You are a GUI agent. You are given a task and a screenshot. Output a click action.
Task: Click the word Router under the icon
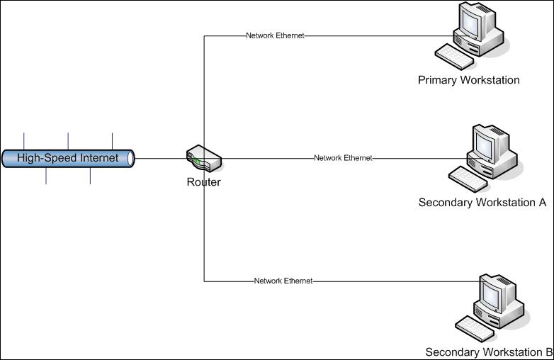(x=203, y=182)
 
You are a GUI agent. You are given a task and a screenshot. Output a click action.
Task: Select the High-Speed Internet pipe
(x=67, y=158)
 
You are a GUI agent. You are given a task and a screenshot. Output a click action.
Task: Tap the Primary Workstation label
(x=468, y=80)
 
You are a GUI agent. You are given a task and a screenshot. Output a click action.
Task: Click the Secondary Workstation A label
(x=482, y=203)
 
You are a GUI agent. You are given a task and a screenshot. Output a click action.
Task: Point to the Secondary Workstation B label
(x=489, y=352)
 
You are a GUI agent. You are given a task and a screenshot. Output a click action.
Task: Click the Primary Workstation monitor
(x=472, y=21)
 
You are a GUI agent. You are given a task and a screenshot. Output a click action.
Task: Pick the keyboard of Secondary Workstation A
(x=468, y=178)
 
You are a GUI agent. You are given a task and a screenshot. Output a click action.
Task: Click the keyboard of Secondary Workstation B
(x=474, y=327)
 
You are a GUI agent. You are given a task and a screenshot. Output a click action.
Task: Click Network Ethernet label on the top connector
(x=275, y=35)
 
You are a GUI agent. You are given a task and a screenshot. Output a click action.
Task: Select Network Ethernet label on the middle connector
(x=343, y=158)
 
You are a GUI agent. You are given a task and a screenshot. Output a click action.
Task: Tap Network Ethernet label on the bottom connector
(x=283, y=281)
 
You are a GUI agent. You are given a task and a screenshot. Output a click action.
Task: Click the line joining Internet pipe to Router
(x=160, y=158)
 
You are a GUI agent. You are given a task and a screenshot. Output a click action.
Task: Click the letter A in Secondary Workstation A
(x=542, y=203)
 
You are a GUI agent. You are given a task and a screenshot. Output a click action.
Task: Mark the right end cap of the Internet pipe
(x=131, y=158)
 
